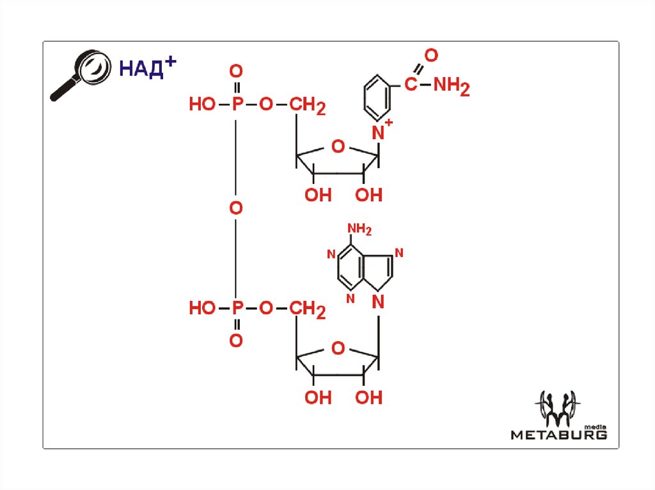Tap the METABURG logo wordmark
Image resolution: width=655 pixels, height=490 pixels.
click(558, 434)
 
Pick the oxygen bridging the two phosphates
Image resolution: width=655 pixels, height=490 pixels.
click(236, 208)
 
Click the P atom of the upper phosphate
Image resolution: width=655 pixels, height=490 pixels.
click(237, 105)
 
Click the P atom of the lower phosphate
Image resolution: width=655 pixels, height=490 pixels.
click(237, 309)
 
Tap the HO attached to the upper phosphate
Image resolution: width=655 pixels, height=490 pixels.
click(202, 105)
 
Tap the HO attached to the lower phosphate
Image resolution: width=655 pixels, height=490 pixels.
click(202, 309)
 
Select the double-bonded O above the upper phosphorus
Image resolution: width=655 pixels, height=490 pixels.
click(237, 70)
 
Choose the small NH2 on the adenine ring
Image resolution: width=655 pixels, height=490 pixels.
click(359, 229)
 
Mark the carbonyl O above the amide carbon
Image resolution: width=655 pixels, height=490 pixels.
click(430, 56)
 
